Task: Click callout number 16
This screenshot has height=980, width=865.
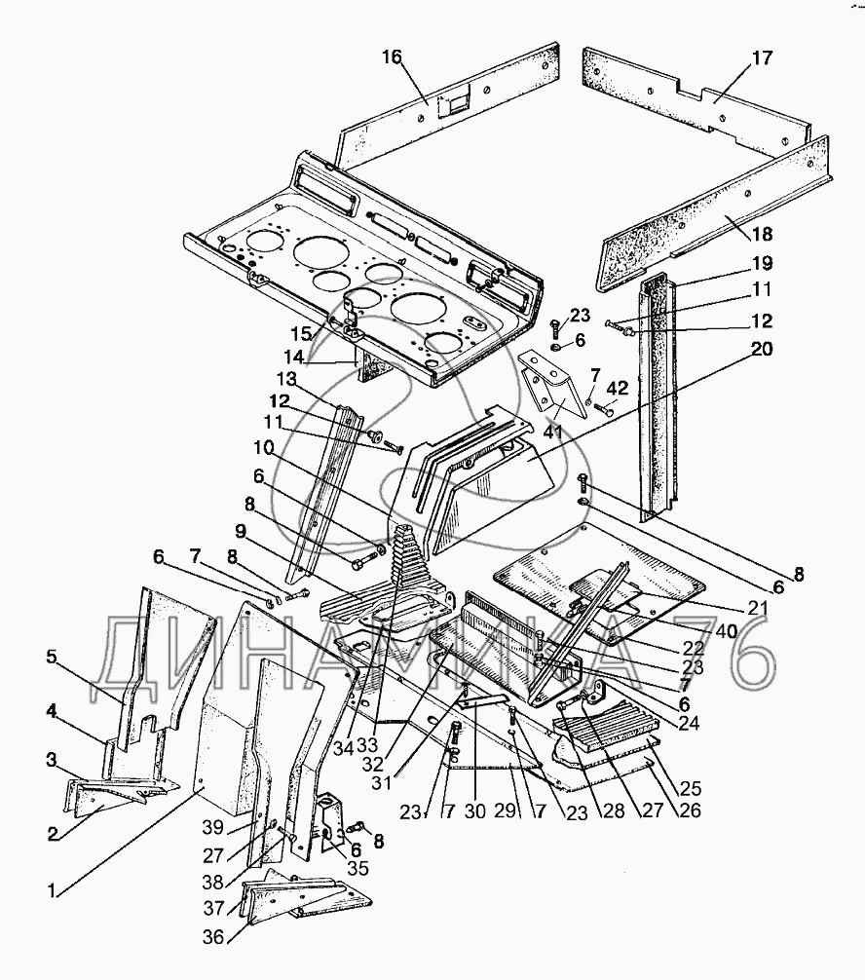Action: (392, 57)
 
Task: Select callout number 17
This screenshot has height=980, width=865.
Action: (762, 58)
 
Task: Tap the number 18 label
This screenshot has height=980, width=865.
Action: (762, 235)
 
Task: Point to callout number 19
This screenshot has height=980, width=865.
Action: (761, 263)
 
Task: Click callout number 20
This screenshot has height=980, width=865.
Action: (761, 348)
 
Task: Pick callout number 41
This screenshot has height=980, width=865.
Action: (553, 432)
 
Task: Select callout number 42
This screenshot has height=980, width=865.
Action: (617, 388)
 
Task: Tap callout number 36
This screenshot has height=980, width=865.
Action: (213, 937)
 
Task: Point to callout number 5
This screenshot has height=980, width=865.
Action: (52, 657)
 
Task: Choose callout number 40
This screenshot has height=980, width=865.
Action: (727, 631)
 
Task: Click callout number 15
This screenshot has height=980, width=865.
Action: (301, 333)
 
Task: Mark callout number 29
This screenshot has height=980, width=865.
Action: (505, 810)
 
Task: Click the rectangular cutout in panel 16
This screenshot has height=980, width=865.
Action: (452, 107)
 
